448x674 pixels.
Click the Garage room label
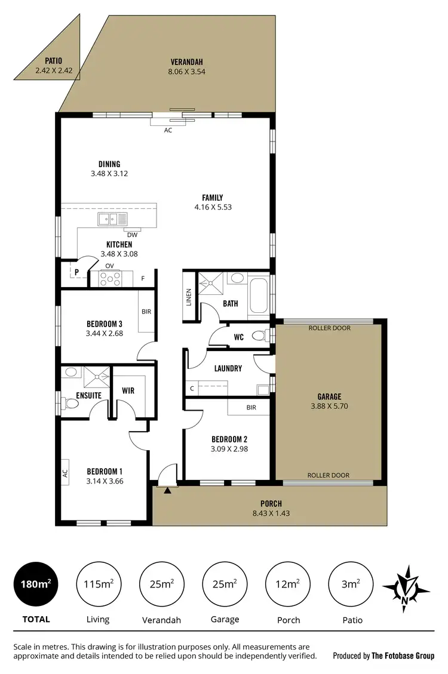point(329,396)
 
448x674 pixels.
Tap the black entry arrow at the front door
point(168,490)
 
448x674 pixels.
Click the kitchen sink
point(109,219)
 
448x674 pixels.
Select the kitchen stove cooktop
point(109,278)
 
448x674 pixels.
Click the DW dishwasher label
point(132,235)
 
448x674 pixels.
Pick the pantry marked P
point(76,273)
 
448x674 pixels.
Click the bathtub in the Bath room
point(259,295)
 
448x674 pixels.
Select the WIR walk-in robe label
point(128,391)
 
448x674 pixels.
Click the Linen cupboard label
point(189,297)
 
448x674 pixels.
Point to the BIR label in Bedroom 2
point(251,407)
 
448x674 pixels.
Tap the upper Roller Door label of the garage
point(329,328)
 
